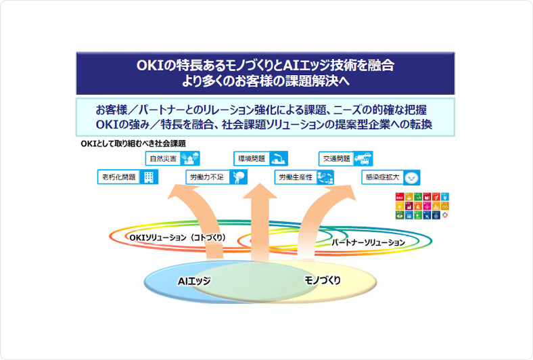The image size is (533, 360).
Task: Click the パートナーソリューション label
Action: [368, 242]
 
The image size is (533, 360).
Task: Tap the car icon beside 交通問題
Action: [365, 159]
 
